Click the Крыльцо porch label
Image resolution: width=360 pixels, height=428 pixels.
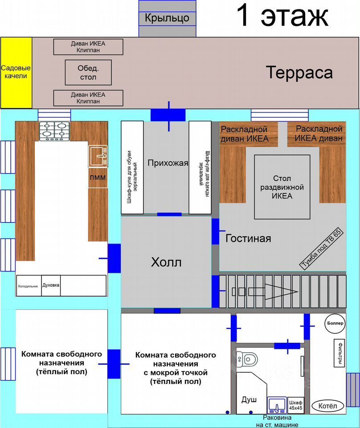click(167, 18)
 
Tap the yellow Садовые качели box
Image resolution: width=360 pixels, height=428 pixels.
click(16, 72)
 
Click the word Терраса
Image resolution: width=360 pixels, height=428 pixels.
click(299, 72)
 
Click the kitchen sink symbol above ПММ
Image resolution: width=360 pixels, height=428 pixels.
click(98, 156)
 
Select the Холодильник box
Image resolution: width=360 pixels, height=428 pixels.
click(28, 286)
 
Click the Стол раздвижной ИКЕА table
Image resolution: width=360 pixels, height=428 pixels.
click(282, 187)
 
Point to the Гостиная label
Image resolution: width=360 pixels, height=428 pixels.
click(248, 238)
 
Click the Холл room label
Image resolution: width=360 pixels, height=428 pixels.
click(166, 262)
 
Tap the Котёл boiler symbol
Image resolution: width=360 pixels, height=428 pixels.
click(331, 406)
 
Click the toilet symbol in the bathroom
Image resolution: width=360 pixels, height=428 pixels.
click(247, 358)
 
